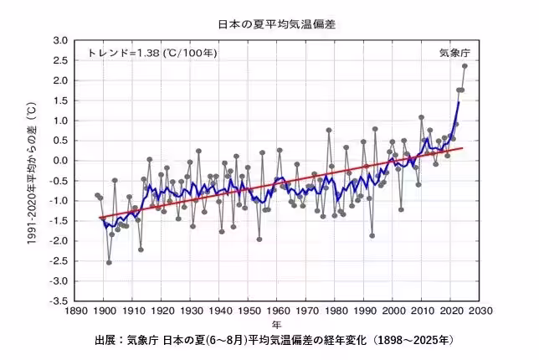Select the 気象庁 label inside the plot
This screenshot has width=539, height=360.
point(455,53)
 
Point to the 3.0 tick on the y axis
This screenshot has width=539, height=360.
point(59,40)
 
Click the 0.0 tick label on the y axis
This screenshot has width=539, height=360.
point(59,161)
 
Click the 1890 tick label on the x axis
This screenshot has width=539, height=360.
point(74,311)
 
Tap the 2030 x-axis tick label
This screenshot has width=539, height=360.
point(480,311)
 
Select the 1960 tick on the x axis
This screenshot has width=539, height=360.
point(278,311)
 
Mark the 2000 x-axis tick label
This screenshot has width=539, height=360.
point(393,311)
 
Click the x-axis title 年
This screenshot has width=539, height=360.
point(276,324)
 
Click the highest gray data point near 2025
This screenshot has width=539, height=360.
point(465,66)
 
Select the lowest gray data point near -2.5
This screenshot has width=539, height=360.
point(109,262)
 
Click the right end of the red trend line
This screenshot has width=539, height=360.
point(462,148)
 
